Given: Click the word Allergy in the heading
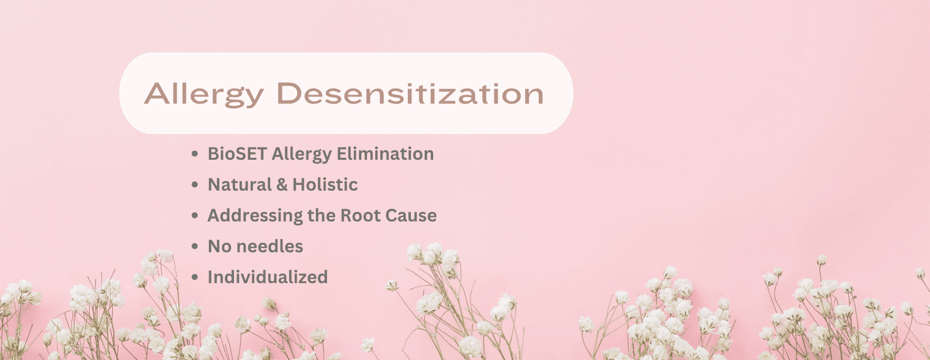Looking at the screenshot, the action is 204,95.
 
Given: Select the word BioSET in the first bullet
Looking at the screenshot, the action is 237,154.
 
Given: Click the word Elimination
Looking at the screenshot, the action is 385,154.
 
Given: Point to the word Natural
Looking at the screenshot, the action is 240,185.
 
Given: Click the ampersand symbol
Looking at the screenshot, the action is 282,185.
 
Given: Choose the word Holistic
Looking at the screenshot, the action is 325,185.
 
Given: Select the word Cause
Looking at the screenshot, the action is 411,215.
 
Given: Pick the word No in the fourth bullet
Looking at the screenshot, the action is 219,246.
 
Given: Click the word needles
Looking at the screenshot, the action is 269,246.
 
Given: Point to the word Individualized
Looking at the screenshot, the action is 268,277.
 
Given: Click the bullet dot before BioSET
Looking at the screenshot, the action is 195,154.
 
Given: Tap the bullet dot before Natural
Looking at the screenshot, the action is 195,185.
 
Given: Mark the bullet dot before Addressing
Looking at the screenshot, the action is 195,216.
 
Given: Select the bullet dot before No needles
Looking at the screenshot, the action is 195,247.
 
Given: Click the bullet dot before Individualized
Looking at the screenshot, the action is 195,278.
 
